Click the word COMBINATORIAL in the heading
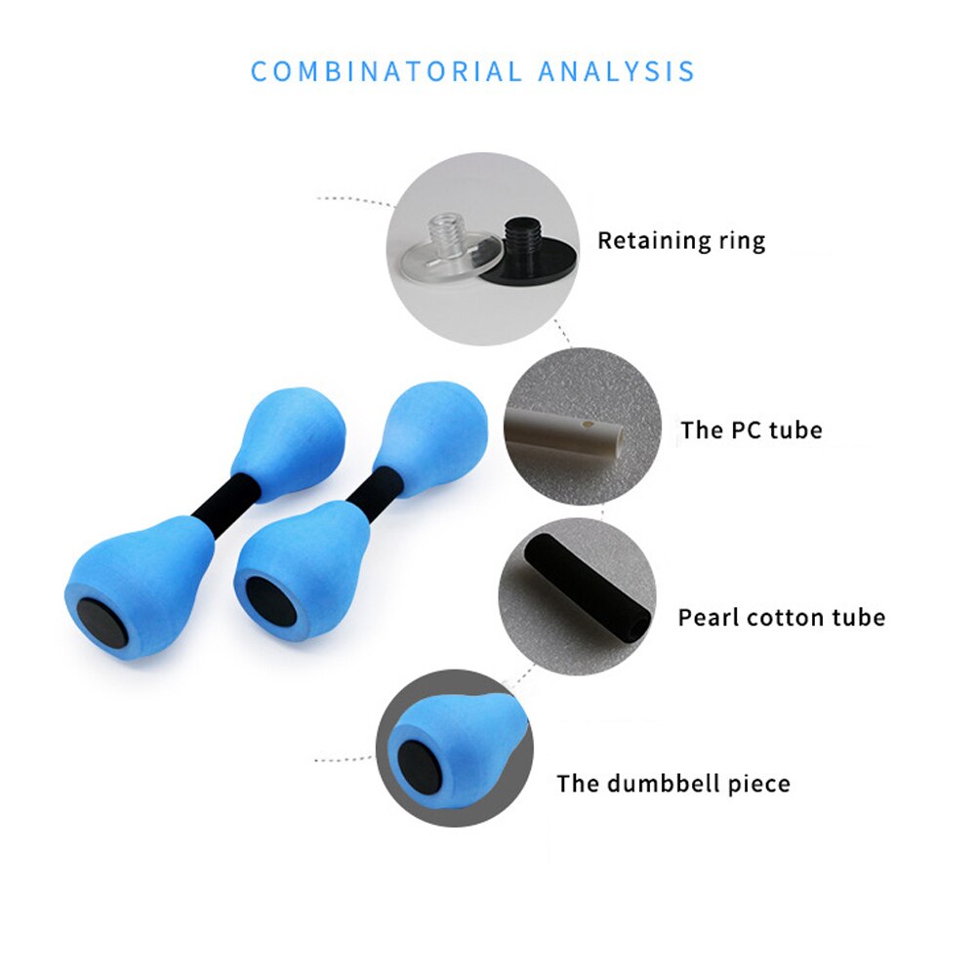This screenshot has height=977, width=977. [387, 71]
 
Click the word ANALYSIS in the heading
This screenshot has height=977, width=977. [617, 71]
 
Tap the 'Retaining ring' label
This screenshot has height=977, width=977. [681, 241]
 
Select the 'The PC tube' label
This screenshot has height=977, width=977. [752, 429]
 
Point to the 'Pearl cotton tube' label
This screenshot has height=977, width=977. [782, 618]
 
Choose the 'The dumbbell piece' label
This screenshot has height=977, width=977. [672, 783]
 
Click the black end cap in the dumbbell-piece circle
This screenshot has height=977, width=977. [417, 762]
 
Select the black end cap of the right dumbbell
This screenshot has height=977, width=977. [271, 602]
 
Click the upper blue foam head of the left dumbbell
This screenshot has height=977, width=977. [288, 441]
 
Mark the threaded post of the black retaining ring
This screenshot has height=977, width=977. [520, 233]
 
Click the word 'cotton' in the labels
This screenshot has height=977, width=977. [782, 618]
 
